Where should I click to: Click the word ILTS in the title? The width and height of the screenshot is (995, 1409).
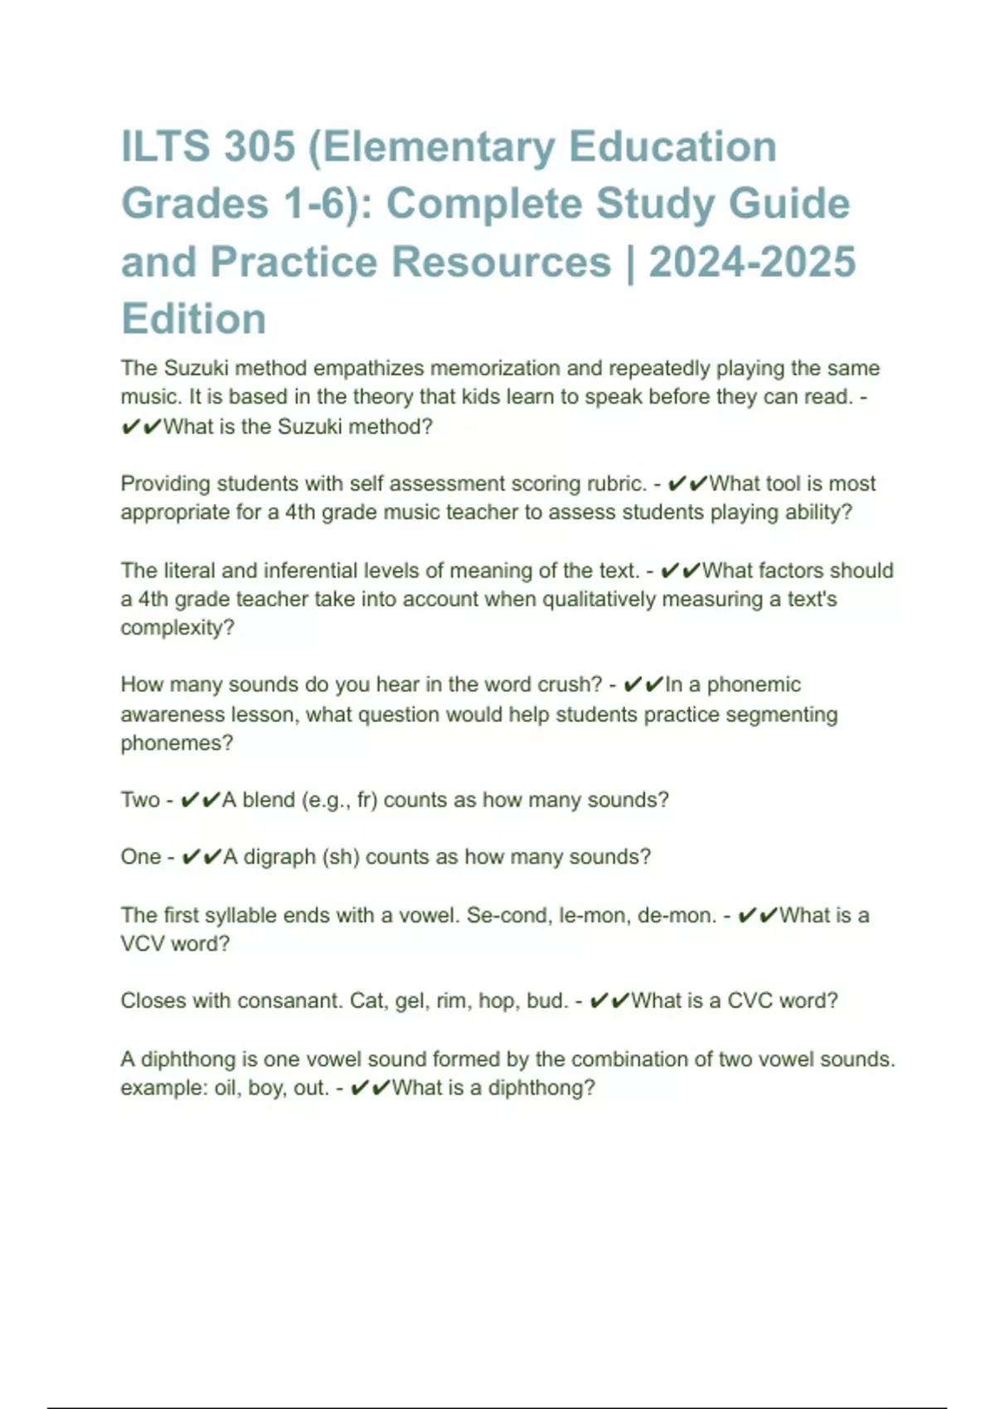[164, 148]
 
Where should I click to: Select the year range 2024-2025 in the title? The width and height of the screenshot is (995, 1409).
[752, 262]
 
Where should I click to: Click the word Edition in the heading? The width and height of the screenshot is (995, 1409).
[194, 319]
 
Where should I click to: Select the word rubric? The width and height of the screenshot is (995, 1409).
[614, 483]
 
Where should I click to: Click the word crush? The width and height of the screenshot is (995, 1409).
[570, 685]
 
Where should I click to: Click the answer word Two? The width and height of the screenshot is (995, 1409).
[139, 800]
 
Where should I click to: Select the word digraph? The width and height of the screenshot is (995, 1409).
[279, 856]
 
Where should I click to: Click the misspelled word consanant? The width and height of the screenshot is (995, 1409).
[289, 1000]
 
